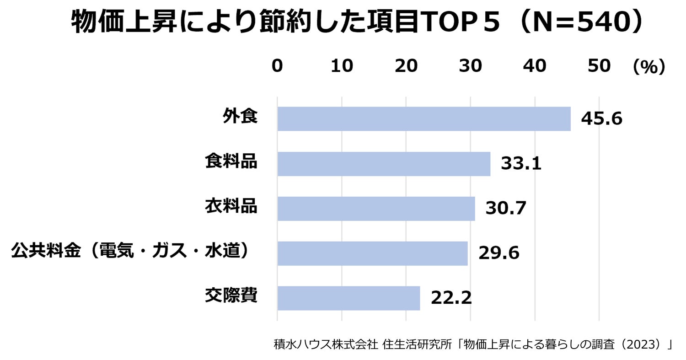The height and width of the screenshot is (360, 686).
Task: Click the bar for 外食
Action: pyautogui.click(x=424, y=119)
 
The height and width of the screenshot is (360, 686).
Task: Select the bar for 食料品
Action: pyautogui.click(x=384, y=164)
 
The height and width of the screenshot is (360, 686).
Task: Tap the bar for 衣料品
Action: pyautogui.click(x=376, y=209)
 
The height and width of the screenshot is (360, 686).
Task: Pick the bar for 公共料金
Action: pyautogui.click(x=372, y=253)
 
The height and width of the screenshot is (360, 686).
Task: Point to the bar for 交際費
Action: pyautogui.click(x=348, y=298)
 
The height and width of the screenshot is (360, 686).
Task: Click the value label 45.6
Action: pyautogui.click(x=601, y=119)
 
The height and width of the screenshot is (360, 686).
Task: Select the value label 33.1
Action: pyautogui.click(x=521, y=164)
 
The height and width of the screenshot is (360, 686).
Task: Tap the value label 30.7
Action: pyautogui.click(x=506, y=209)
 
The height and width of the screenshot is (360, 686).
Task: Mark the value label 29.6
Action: pyautogui.click(x=498, y=253)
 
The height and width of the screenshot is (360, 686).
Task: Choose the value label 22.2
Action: pyautogui.click(x=451, y=298)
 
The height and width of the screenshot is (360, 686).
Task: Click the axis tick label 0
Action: pyautogui.click(x=277, y=66)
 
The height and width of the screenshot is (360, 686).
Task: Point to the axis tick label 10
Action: pyautogui.click(x=342, y=66)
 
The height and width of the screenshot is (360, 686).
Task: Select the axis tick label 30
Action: pyautogui.click(x=471, y=66)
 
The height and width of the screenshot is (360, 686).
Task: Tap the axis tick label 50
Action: pyautogui.click(x=599, y=66)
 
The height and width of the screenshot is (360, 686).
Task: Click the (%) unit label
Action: pyautogui.click(x=648, y=67)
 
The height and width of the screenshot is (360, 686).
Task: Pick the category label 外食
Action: pyautogui.click(x=240, y=117)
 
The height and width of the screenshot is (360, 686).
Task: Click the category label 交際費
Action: pyautogui.click(x=231, y=296)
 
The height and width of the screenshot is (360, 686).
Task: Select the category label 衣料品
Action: pyautogui.click(x=231, y=206)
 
